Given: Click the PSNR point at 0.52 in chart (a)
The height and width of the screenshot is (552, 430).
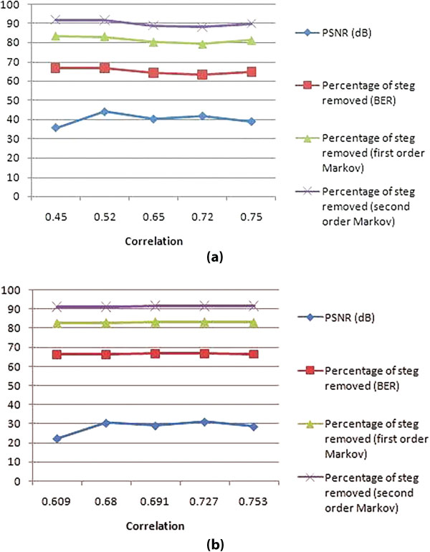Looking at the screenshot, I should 105,112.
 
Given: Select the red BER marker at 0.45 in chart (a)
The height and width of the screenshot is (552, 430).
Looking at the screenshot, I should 55,68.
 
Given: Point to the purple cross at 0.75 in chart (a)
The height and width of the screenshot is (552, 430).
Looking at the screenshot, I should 252,24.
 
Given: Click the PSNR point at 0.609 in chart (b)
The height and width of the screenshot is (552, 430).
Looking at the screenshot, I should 57,438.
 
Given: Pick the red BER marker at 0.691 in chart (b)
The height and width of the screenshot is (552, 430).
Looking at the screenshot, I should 155,353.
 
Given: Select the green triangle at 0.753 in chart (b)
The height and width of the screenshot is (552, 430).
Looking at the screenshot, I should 254,323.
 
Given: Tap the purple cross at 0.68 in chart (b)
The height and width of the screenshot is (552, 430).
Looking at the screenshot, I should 106,307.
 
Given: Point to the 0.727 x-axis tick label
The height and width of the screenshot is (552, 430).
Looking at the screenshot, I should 204,498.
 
